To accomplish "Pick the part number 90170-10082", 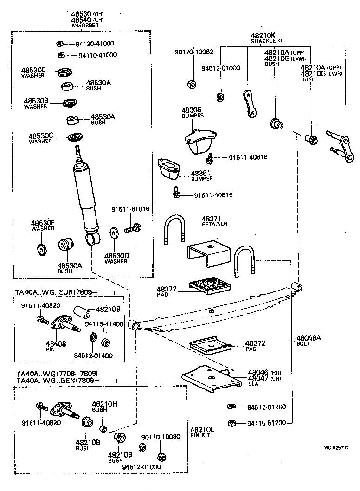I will click(194, 52).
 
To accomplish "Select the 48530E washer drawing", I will click(42, 249).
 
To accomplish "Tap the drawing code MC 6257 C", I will click(335, 447).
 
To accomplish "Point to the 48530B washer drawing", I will click(70, 103).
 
